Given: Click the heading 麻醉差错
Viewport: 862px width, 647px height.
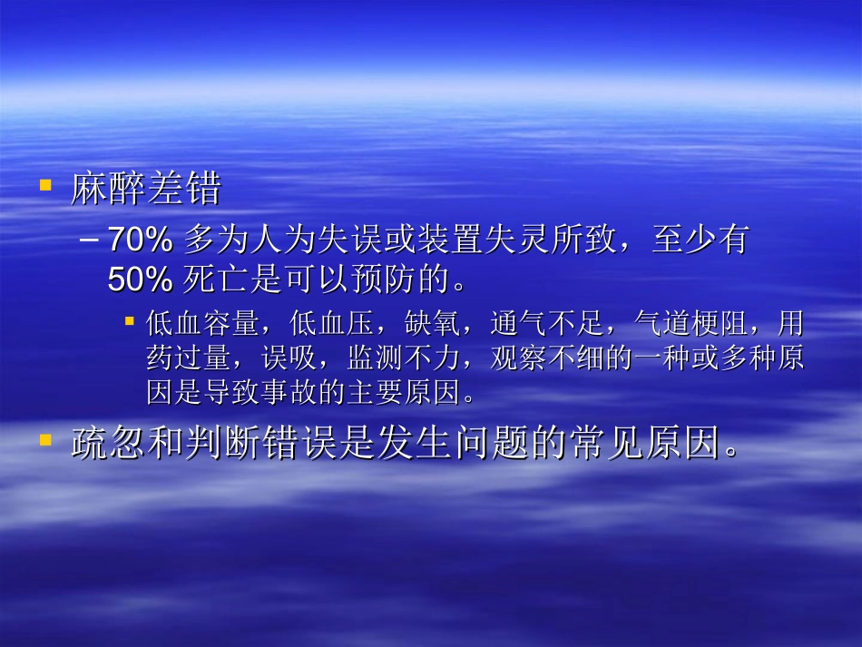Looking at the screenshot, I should tap(146, 190).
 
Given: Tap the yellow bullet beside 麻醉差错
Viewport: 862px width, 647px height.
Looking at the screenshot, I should tap(44, 185).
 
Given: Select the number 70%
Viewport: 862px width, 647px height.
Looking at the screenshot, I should tap(140, 240).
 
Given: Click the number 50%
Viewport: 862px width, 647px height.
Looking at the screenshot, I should tap(140, 279).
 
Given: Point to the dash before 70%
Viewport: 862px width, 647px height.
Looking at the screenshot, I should tap(91, 240).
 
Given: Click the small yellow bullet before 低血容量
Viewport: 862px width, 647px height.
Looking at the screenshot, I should tap(129, 321).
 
